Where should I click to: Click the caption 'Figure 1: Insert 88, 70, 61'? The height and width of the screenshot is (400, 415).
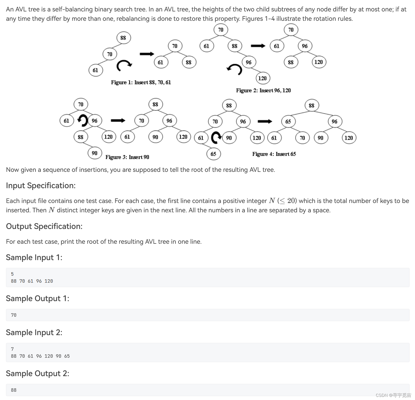pyautogui.click(x=141, y=82)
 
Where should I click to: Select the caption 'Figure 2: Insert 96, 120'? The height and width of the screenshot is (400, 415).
pyautogui.click(x=263, y=90)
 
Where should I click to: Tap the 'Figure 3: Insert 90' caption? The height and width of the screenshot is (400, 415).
pyautogui.click(x=127, y=157)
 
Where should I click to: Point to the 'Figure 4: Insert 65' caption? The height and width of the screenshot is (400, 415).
pyautogui.click(x=274, y=154)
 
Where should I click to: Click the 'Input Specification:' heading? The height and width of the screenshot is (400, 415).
pyautogui.click(x=41, y=186)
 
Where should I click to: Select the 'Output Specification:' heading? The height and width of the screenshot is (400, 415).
pyautogui.click(x=44, y=226)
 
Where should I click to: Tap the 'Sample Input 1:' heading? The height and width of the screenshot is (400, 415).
pyautogui.click(x=34, y=257)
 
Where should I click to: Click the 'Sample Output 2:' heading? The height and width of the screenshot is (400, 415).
pyautogui.click(x=37, y=374)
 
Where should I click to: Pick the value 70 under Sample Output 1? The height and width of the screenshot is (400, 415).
pyautogui.click(x=14, y=315)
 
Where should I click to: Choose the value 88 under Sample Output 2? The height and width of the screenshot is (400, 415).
pyautogui.click(x=14, y=390)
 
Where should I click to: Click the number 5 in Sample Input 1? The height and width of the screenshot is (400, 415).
pyautogui.click(x=12, y=274)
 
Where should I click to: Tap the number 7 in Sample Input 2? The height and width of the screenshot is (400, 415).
pyautogui.click(x=12, y=349)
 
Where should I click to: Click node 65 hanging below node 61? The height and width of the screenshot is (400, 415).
pyautogui.click(x=213, y=154)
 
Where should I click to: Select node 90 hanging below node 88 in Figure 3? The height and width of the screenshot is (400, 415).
pyautogui.click(x=95, y=153)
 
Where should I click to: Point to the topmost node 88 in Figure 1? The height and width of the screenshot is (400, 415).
pyautogui.click(x=123, y=38)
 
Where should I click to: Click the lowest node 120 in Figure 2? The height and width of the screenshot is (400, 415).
pyautogui.click(x=262, y=78)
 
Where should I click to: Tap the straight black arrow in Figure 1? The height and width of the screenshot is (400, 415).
pyautogui.click(x=147, y=54)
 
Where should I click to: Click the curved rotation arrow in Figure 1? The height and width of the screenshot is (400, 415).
pyautogui.click(x=124, y=65)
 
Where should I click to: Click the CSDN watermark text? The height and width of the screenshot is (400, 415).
pyautogui.click(x=393, y=395)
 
